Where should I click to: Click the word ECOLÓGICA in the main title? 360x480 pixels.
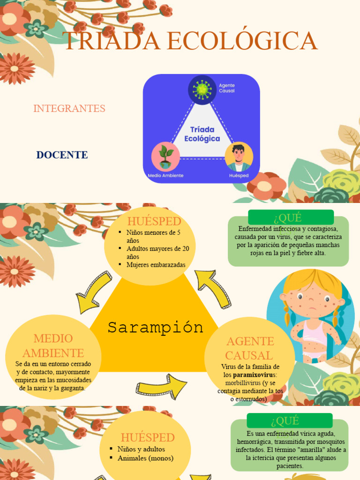click(242, 41)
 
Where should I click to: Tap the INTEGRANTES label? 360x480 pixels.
click(69, 108)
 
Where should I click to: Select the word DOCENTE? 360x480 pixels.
click(62, 155)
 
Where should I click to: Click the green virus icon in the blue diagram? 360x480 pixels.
click(202, 90)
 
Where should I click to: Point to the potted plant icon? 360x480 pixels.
click(165, 157)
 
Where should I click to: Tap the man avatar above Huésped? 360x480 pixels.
click(239, 157)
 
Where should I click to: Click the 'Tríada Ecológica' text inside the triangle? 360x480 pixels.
click(202, 134)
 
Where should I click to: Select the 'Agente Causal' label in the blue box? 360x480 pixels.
click(227, 88)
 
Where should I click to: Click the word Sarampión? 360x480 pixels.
click(156, 327)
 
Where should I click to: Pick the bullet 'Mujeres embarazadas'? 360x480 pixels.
click(156, 265)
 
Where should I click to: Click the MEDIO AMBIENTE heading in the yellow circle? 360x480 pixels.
click(53, 345)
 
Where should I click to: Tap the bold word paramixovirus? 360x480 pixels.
click(255, 375)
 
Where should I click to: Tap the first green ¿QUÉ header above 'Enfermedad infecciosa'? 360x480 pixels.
click(291, 217)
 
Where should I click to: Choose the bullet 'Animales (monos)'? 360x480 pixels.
click(145, 458)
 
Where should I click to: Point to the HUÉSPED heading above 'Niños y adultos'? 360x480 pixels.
click(148, 437)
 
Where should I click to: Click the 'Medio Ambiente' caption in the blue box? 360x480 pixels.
click(165, 176)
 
